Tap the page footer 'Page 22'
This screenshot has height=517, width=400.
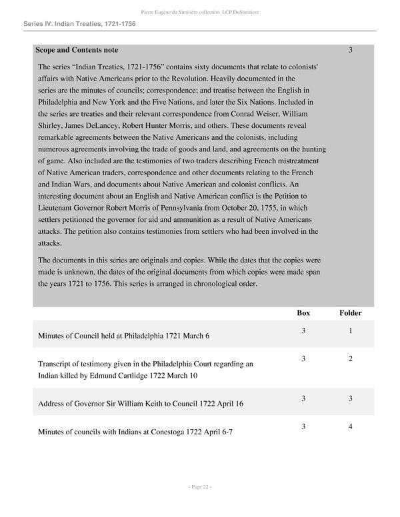point(200,487)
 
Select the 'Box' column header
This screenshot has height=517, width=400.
point(303,312)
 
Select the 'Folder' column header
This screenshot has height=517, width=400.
point(350,312)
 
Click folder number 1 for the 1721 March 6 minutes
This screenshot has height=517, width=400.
point(350,330)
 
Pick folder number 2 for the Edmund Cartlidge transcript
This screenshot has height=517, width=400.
point(350,359)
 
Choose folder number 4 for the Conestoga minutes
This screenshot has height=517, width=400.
point(350,426)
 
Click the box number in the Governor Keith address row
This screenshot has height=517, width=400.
point(303,398)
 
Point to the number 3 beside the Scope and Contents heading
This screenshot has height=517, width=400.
point(350,50)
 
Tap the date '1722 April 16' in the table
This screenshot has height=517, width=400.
point(221,404)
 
